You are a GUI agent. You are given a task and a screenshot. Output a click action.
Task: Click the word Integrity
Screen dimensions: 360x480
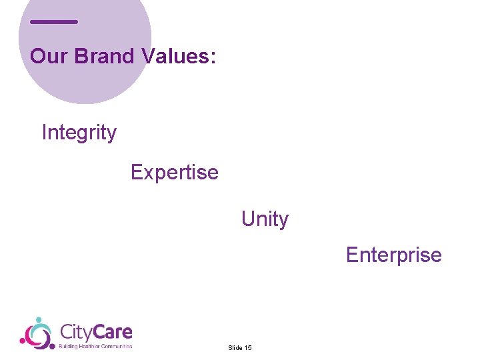click(x=79, y=133)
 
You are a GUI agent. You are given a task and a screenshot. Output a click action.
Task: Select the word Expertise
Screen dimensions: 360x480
click(x=174, y=172)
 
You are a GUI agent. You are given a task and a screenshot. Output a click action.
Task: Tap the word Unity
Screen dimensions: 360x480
click(x=265, y=219)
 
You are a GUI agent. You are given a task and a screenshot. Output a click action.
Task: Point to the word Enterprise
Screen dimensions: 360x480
click(x=393, y=255)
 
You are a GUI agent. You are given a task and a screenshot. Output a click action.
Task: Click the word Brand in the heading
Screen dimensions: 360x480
click(x=105, y=56)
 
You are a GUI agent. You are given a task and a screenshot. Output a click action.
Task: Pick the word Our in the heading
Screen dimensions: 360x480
click(x=49, y=56)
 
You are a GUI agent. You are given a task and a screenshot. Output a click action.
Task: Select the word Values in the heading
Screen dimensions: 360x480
click(x=175, y=56)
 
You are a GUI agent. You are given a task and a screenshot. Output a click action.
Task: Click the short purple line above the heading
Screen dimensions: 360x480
click(x=54, y=22)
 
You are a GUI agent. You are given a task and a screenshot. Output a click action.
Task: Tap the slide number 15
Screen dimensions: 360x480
click(x=248, y=348)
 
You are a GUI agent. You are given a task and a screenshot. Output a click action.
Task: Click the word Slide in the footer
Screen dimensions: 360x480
click(x=235, y=348)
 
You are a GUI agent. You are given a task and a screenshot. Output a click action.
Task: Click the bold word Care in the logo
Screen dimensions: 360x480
click(x=115, y=331)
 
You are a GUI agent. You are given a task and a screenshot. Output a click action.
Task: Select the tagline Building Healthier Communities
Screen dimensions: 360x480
click(x=95, y=346)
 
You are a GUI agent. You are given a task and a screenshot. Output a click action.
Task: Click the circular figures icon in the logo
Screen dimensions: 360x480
click(x=36, y=333)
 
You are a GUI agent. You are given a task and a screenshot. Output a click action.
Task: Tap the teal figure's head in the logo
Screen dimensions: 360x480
click(x=39, y=321)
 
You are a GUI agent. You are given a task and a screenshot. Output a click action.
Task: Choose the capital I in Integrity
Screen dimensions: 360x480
click(x=44, y=133)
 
